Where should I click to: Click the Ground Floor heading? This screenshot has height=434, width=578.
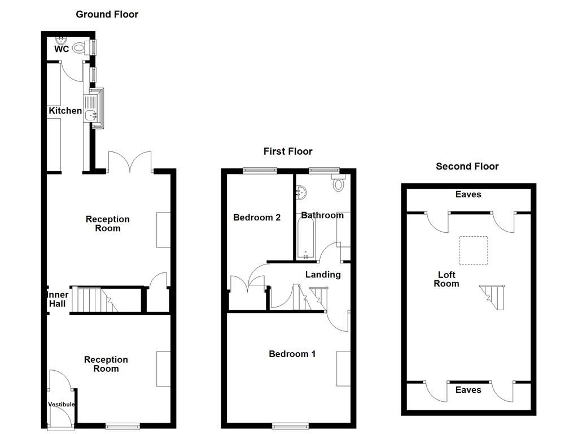[x=107, y=14]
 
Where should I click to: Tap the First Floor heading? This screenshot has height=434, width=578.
[x=288, y=151]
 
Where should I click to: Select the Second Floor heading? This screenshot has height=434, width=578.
[x=467, y=166]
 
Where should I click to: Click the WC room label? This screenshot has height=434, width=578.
[x=62, y=49]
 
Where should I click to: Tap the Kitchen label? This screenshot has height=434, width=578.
[x=65, y=111]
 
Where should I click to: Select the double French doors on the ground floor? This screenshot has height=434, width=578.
[x=130, y=162]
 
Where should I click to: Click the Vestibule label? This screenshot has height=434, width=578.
[x=62, y=405]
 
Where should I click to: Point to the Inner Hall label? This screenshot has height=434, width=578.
[x=58, y=299]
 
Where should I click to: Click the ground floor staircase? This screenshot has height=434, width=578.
[x=93, y=300]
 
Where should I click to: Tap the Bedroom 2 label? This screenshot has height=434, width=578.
[x=257, y=217]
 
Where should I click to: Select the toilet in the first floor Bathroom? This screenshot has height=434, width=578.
[x=339, y=184]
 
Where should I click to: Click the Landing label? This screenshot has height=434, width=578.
[x=323, y=275]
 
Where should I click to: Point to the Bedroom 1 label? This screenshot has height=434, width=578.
[x=292, y=354]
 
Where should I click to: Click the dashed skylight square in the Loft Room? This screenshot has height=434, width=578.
[x=473, y=250]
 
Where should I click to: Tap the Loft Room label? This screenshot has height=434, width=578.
[x=446, y=279]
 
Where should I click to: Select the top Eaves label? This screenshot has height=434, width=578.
[x=468, y=194]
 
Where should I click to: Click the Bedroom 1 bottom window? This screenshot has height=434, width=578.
[x=290, y=425]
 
